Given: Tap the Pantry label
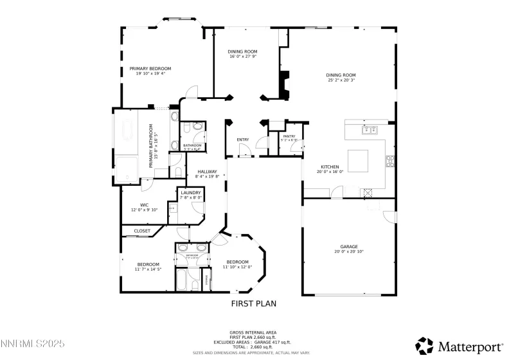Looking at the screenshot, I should click(x=289, y=137).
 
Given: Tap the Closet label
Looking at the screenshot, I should click(x=142, y=231).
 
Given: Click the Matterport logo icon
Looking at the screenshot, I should click(x=425, y=346).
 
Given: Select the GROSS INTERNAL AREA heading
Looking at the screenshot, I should click(x=254, y=332).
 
